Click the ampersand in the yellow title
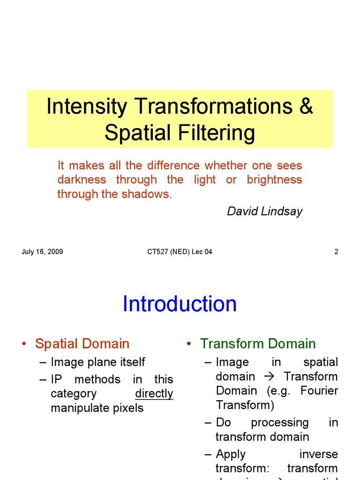305,107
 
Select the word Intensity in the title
87,107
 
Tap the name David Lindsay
264,211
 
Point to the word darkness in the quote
82,180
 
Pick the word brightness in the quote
274,180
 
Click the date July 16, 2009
42,252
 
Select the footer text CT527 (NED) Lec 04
180,252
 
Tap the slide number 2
336,252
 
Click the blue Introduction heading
180,304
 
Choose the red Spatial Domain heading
82,344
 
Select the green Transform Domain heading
258,344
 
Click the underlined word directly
154,394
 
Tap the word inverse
318,454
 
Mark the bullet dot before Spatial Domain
23,344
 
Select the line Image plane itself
97,362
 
